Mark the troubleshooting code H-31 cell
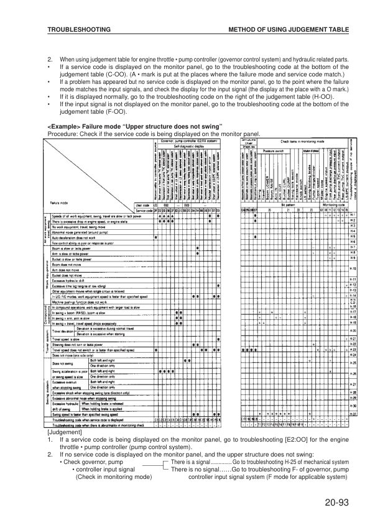[x=353, y=414]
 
